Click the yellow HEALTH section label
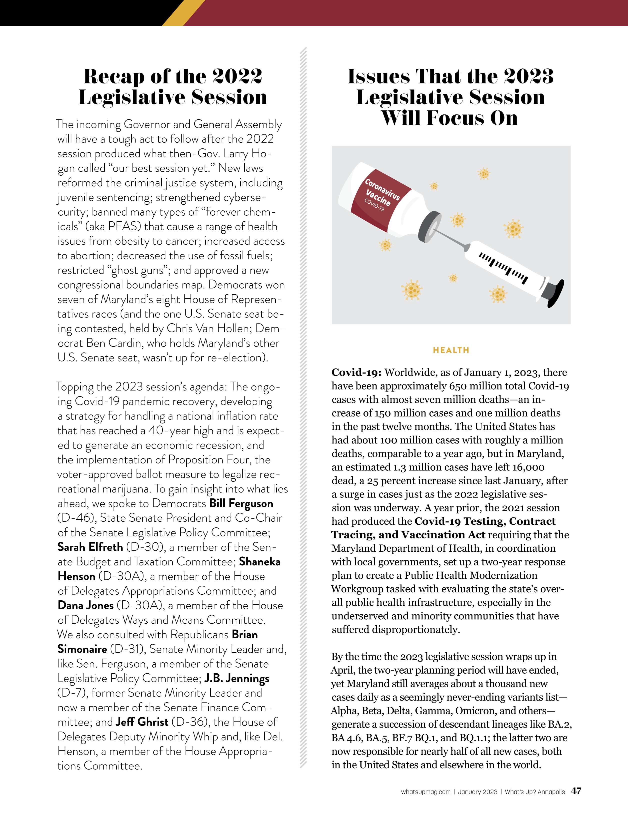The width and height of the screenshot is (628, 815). (451, 350)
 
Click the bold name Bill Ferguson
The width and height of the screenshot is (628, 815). (241, 503)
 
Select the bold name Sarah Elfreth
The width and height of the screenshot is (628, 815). (90, 547)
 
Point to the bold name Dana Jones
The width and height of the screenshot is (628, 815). (85, 605)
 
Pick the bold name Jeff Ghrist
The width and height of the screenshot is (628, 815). (142, 722)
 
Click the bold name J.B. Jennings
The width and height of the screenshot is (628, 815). (237, 678)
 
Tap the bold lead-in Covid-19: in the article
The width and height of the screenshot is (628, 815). (356, 373)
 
